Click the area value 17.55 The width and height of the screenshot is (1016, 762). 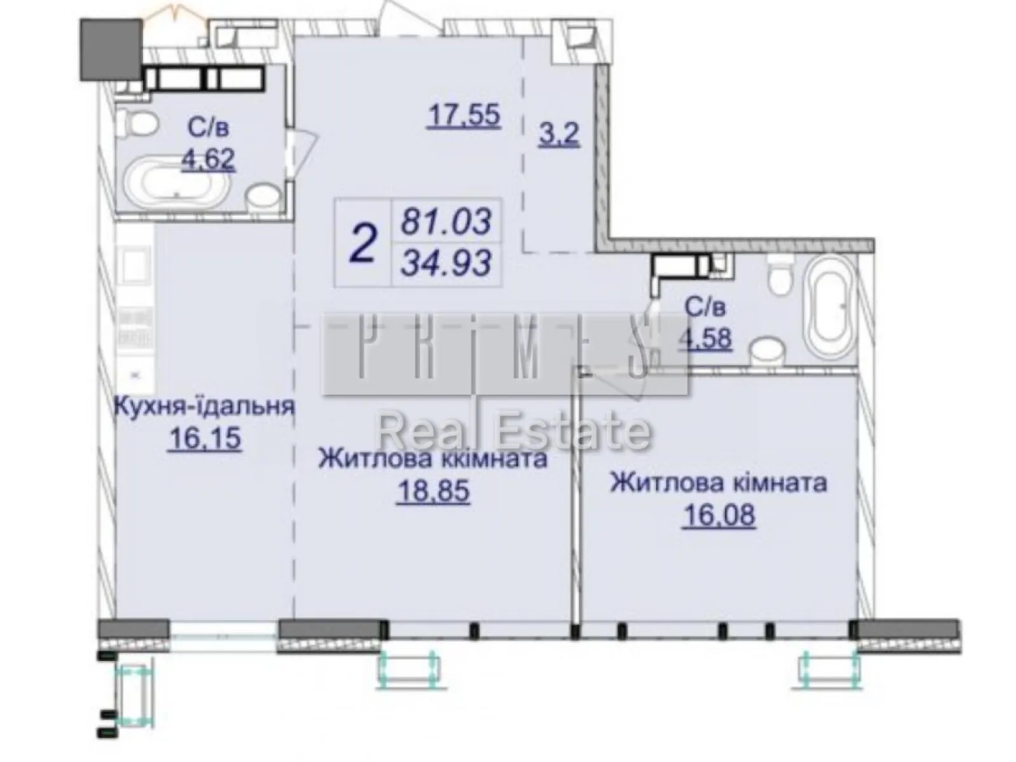click(x=465, y=116)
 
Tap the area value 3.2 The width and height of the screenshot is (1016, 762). click(x=559, y=135)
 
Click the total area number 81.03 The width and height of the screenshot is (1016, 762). click(x=447, y=222)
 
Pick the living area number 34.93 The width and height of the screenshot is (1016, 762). click(x=447, y=262)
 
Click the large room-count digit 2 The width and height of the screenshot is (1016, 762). click(x=364, y=243)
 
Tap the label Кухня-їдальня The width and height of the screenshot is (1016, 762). click(x=204, y=406)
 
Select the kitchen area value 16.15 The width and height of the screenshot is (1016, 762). click(x=204, y=438)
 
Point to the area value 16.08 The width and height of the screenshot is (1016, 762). click(x=719, y=515)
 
